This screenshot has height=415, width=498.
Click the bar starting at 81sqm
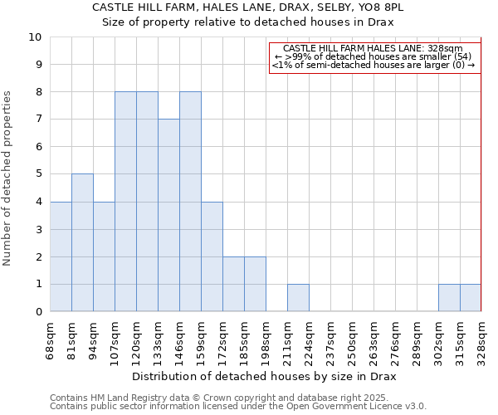pyautogui.click(x=82, y=242)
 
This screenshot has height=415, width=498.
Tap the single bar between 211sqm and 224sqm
pyautogui.click(x=298, y=297)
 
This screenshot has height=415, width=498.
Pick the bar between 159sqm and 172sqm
pyautogui.click(x=212, y=256)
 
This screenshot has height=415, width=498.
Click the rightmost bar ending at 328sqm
pyautogui.click(x=471, y=297)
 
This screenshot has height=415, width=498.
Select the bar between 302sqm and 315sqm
pyautogui.click(x=449, y=297)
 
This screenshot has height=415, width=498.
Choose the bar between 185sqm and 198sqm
pyautogui.click(x=255, y=284)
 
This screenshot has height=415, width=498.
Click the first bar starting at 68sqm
pyautogui.click(x=61, y=256)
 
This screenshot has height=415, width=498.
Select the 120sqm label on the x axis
pyautogui.click(x=136, y=344)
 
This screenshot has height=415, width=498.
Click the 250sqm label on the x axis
pyautogui.click(x=352, y=344)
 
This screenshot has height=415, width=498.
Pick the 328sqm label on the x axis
pyautogui.click(x=481, y=344)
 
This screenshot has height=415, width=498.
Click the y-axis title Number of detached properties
pyautogui.click(x=8, y=178)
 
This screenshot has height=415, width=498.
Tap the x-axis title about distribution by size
pyautogui.click(x=264, y=377)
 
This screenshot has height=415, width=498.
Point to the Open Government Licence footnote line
pyautogui.click(x=238, y=407)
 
